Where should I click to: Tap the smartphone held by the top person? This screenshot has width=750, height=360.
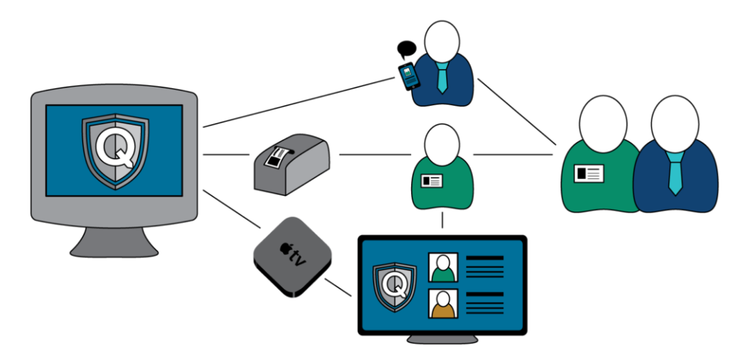409,75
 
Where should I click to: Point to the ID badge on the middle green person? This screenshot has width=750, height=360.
432,181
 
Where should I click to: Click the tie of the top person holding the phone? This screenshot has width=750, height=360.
442,76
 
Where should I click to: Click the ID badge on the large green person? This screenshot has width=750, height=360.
588,174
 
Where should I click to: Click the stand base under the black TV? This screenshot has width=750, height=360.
442,339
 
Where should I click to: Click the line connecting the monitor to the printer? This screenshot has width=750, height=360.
226,155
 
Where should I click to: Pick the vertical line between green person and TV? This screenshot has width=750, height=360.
442,221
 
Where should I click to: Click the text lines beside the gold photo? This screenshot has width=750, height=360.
484,304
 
